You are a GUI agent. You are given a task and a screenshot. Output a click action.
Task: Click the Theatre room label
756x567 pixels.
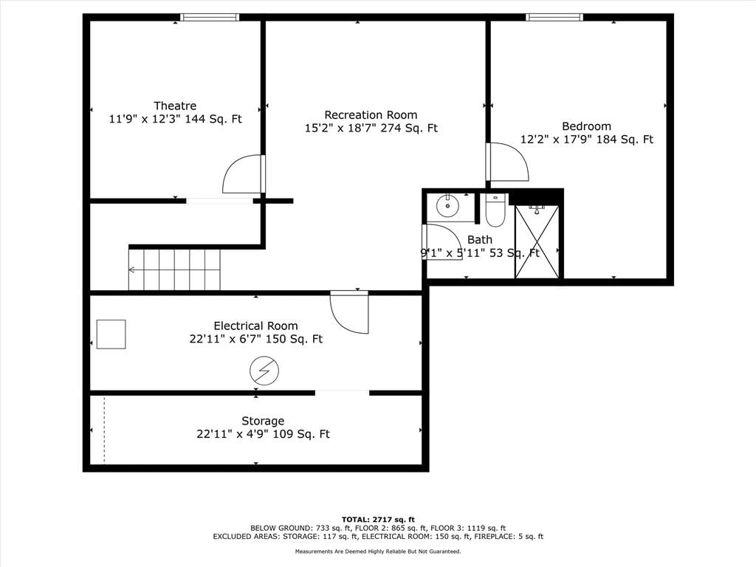[x=175, y=106]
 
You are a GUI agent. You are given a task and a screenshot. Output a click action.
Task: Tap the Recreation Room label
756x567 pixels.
[x=371, y=115]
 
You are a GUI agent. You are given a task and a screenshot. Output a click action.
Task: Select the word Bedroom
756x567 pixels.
[x=586, y=126]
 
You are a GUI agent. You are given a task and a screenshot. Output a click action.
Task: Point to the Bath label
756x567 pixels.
[x=480, y=240]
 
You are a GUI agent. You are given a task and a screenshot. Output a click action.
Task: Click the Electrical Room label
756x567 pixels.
[x=255, y=326]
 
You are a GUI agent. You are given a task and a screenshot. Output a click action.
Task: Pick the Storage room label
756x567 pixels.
[x=263, y=421]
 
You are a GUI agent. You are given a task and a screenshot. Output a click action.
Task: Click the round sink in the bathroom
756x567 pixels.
[x=448, y=206]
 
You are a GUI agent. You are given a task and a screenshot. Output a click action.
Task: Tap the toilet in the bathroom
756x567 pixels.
[x=495, y=210]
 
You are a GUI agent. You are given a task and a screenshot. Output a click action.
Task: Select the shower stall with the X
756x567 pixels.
[x=537, y=241]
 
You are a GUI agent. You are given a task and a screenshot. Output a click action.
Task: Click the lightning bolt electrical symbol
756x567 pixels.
[x=264, y=371]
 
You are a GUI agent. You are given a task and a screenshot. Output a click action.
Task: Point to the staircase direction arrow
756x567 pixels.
[x=131, y=270]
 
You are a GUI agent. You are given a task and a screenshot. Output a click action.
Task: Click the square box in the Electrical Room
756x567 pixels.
[x=111, y=334]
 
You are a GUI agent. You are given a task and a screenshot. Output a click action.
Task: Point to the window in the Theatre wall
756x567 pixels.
[x=210, y=18]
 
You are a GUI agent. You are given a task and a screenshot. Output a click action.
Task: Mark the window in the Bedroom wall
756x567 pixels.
[x=554, y=18]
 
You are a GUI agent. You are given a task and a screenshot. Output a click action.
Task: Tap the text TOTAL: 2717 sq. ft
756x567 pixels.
[x=378, y=519]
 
